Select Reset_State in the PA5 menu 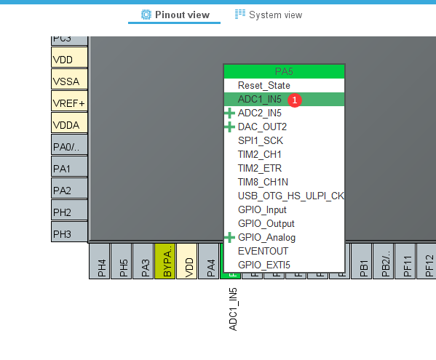(263, 85)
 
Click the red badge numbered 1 (295, 100)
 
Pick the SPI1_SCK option (259, 140)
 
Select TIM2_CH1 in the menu (259, 154)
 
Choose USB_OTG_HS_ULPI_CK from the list (290, 196)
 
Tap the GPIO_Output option (266, 223)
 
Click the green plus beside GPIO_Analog (230, 237)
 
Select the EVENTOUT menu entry (263, 251)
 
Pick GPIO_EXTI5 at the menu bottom (263, 265)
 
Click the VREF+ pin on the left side (69, 103)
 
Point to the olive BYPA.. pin (167, 265)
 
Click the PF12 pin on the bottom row (429, 265)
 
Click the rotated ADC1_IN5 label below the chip (233, 309)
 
